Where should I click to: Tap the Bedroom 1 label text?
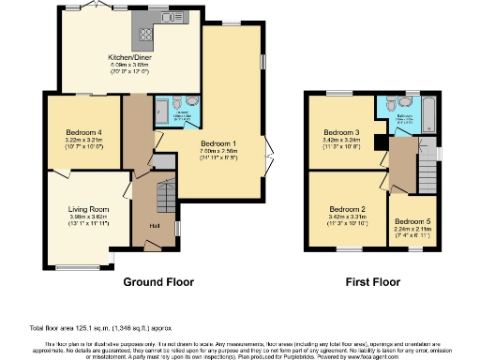point(221,142)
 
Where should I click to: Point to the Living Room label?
point(88,209)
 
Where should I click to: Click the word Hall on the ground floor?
point(154,225)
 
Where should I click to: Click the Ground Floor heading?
point(158,281)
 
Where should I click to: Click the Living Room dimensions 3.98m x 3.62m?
point(88,217)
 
